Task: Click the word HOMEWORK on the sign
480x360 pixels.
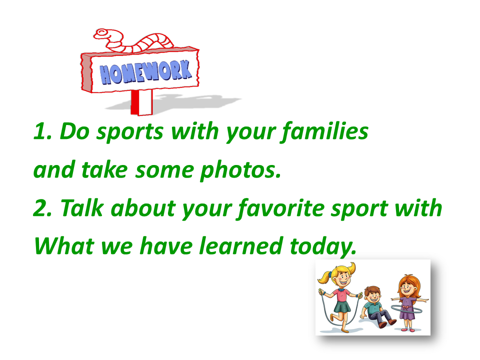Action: click(145, 72)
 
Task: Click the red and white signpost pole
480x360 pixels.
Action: click(141, 102)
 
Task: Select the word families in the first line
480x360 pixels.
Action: click(325, 131)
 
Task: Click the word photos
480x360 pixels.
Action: click(240, 170)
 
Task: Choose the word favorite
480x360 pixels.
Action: click(281, 208)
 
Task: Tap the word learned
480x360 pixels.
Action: click(241, 246)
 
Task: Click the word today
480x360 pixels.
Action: click(323, 246)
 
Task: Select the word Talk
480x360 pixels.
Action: click(81, 208)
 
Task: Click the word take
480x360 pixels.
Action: click(104, 170)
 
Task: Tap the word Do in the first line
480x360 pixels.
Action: click(74, 131)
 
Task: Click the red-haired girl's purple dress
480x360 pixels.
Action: click(407, 308)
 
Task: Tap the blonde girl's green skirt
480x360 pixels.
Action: click(342, 306)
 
